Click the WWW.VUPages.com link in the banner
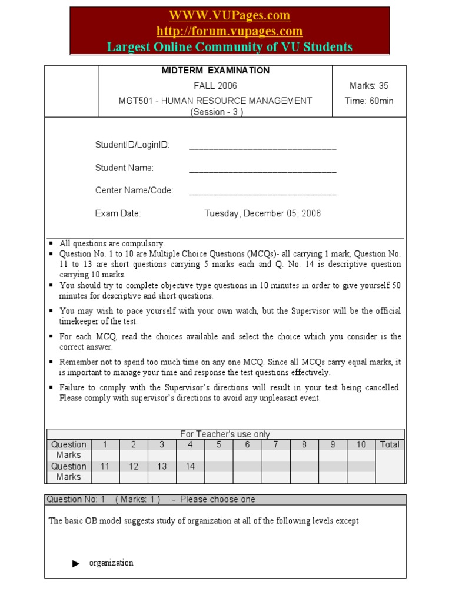point(230,15)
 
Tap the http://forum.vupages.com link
point(230,31)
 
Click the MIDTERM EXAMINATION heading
point(215,71)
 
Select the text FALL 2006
point(215,86)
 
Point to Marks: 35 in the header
point(369,86)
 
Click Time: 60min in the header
point(369,101)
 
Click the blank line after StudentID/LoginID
point(262,146)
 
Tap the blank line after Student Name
point(262,169)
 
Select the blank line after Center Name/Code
point(262,191)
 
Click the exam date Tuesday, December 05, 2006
point(262,213)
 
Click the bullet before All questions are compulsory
point(51,243)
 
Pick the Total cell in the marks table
point(390,444)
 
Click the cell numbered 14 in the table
point(190,466)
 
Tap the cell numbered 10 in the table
point(361,444)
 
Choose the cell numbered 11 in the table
point(105,466)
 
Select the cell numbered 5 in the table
point(218,444)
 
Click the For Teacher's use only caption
point(225,434)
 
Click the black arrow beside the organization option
point(76,563)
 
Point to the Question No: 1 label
point(76,499)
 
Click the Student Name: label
point(124,168)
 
